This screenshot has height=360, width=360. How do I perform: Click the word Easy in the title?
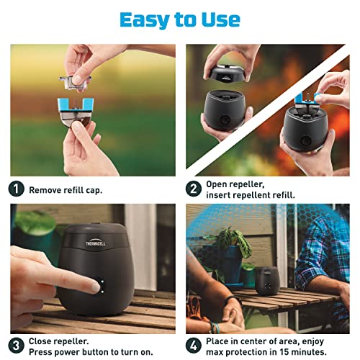(147, 19)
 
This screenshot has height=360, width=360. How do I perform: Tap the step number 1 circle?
(17, 189)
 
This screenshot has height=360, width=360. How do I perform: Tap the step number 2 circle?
(193, 189)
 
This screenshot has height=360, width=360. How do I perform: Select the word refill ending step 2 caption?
(281, 195)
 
